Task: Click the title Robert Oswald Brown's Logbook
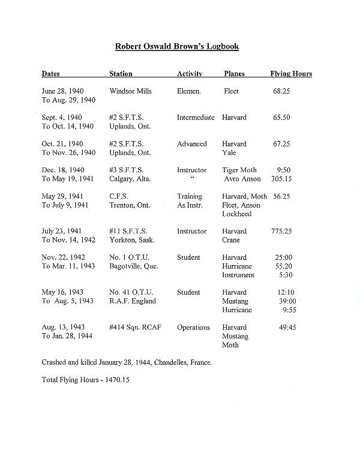(179, 46)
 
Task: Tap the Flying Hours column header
(291, 74)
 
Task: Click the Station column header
(121, 74)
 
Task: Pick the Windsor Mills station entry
(131, 91)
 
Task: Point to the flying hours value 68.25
(282, 91)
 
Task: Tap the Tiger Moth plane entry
(239, 170)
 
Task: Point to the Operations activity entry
(193, 328)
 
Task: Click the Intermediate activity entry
(196, 118)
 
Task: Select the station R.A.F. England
(133, 301)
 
